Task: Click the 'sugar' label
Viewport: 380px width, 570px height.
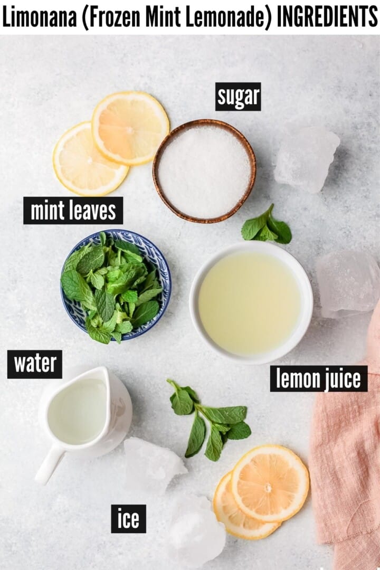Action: (238, 97)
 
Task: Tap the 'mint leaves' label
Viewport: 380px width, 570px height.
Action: (73, 211)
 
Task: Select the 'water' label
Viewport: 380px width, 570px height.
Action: (35, 364)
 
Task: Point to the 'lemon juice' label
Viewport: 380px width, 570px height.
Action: (318, 379)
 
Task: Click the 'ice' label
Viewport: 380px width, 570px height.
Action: (128, 519)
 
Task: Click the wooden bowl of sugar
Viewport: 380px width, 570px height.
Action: (204, 170)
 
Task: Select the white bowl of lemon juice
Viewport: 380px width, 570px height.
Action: (251, 303)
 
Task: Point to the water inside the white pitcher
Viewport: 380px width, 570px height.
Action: (77, 412)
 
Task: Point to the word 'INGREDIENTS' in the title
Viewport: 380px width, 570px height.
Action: (327, 17)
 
